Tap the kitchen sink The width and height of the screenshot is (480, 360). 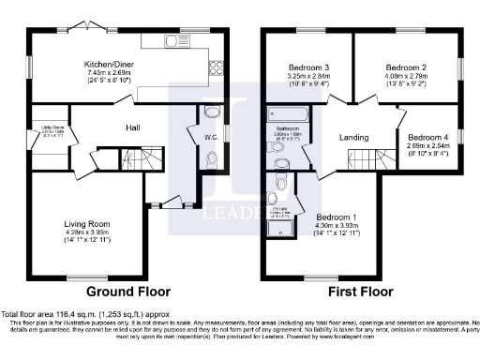click(172, 41)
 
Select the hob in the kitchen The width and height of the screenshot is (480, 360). click(215, 67)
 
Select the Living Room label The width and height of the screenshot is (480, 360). click(86, 224)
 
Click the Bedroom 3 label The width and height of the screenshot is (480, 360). click(307, 67)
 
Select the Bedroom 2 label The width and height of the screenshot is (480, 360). click(405, 67)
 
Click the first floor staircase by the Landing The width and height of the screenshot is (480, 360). click(388, 159)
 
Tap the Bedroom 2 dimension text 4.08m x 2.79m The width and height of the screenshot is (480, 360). click(405, 76)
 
